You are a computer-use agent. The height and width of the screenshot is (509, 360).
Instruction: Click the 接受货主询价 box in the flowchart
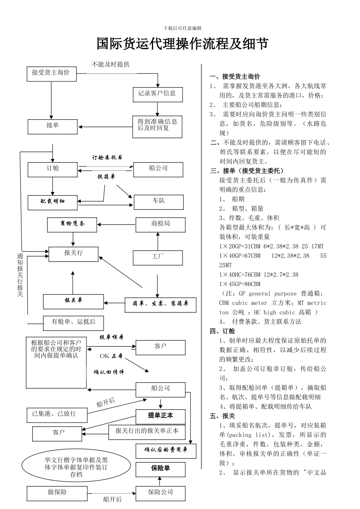pyautogui.click(x=52, y=73)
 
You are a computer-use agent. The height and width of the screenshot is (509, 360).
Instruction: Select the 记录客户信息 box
pyautogui.click(x=158, y=94)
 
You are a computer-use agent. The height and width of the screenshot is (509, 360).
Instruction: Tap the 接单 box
pyautogui.click(x=52, y=126)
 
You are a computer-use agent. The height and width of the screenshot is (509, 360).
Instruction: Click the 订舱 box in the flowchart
pyautogui.click(x=52, y=169)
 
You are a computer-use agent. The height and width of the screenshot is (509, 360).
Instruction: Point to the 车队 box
pyautogui.click(x=158, y=202)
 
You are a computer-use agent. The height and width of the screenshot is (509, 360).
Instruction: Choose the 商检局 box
pyautogui.click(x=160, y=225)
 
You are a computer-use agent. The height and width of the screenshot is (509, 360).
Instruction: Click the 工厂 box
pyautogui.click(x=158, y=258)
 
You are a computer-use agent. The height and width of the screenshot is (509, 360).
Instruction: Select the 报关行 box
pyautogui.click(x=73, y=254)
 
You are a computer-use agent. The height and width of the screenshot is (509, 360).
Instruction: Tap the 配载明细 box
pyautogui.click(x=53, y=202)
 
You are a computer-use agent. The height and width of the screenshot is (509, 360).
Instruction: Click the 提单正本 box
pyautogui.click(x=160, y=416)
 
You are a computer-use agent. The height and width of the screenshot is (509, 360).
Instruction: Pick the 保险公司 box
pyautogui.click(x=160, y=493)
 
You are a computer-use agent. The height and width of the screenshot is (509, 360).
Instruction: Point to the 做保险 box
pyautogui.click(x=57, y=493)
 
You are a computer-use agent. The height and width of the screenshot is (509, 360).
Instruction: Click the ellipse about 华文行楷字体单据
pyautogui.click(x=76, y=467)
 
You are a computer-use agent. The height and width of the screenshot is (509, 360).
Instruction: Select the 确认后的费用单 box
pyautogui.click(x=166, y=451)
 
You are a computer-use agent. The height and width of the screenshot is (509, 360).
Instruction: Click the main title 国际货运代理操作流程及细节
pyautogui.click(x=182, y=44)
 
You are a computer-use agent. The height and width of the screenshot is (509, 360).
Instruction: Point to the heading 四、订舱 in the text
pyautogui.click(x=222, y=331)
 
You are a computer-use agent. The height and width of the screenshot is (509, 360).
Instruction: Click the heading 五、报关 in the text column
pyautogui.click(x=222, y=416)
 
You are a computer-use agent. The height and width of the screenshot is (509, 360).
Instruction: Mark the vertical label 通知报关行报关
pyautogui.click(x=20, y=275)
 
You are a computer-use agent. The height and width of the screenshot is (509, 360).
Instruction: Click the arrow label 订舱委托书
pyautogui.click(x=107, y=157)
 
